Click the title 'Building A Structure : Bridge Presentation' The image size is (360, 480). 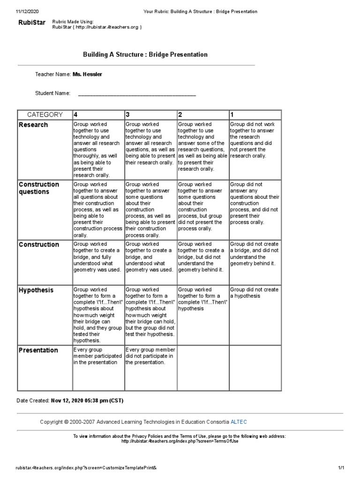click(145, 54)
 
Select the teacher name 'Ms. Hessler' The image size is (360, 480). click(87, 75)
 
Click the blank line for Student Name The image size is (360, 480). click(136, 94)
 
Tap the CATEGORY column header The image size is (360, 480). click(45, 114)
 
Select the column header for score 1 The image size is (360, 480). click(232, 114)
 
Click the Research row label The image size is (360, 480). click(33, 125)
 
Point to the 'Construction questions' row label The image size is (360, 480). click(39, 188)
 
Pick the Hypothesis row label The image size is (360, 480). click(36, 290)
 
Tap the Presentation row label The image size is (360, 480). click(38, 350)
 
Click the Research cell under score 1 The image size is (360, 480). click(255, 140)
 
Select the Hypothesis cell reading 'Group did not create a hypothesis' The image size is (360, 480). click(255, 293)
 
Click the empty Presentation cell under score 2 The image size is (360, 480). click(202, 368)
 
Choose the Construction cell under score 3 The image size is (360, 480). click(150, 257)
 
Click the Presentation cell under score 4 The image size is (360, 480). click(97, 356)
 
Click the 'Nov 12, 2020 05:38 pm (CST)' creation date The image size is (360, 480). click(88, 401)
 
